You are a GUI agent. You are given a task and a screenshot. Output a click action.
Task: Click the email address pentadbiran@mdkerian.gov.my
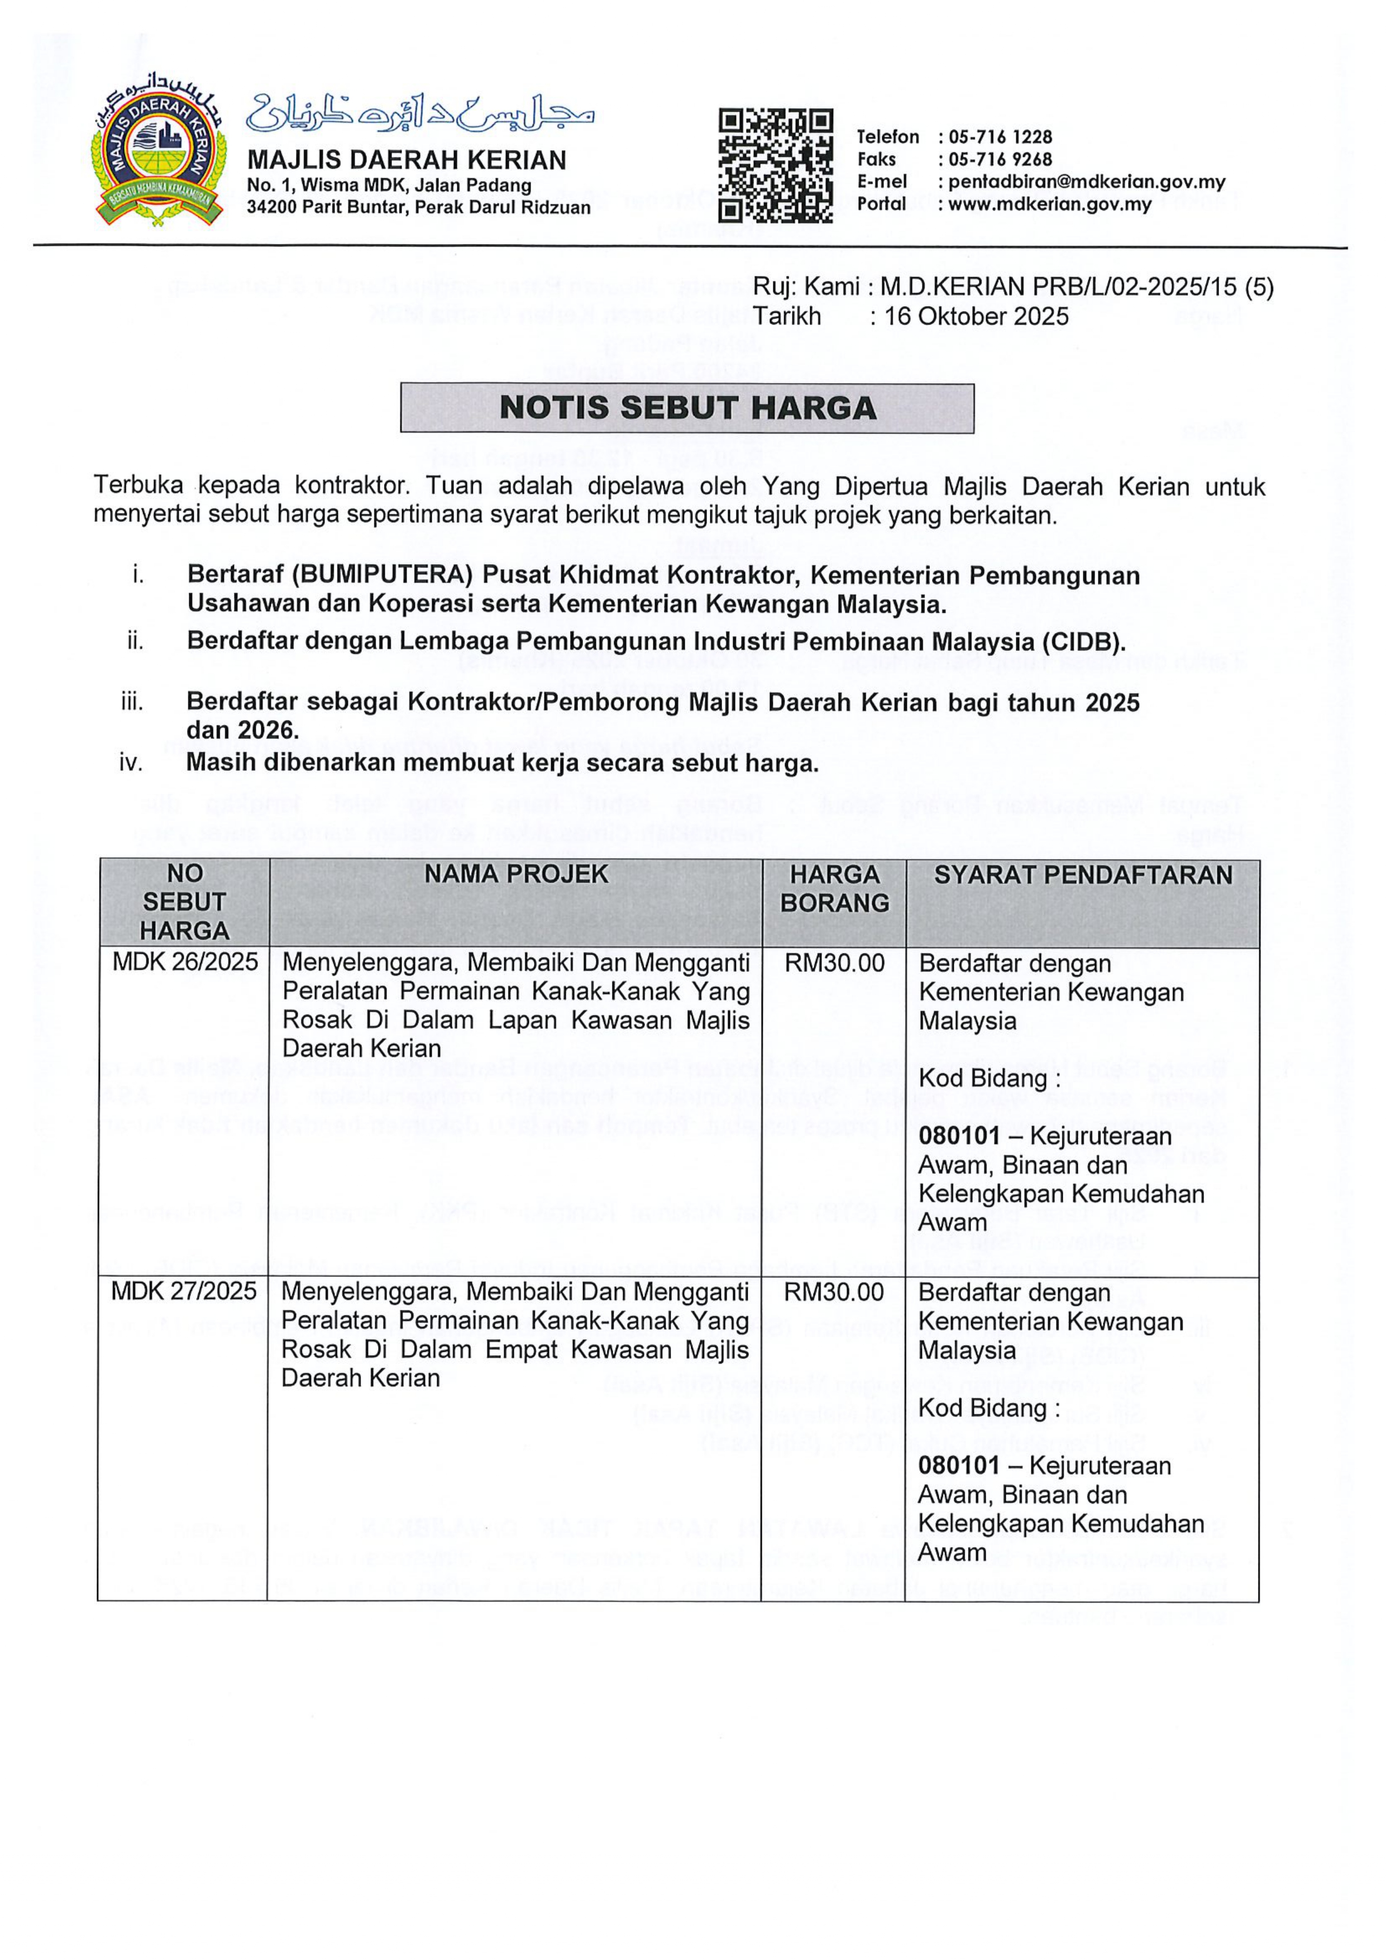pos(1087,182)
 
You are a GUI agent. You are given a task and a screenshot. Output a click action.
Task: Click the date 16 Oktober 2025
pos(976,317)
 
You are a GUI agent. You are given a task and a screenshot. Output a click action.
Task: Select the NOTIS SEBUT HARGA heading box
pos(687,407)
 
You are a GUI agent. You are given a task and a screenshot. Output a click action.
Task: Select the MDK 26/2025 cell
pos(185,963)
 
